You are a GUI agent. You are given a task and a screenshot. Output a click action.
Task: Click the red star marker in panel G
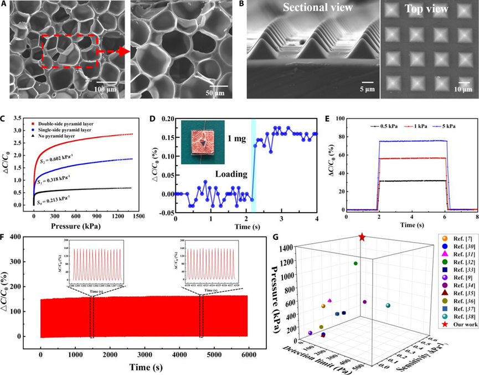(362, 237)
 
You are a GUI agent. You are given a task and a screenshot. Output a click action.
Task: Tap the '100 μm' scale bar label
(105, 89)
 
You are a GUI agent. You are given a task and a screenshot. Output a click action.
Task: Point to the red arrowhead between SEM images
(123, 52)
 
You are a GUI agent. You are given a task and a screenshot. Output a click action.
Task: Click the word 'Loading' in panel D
(231, 174)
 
